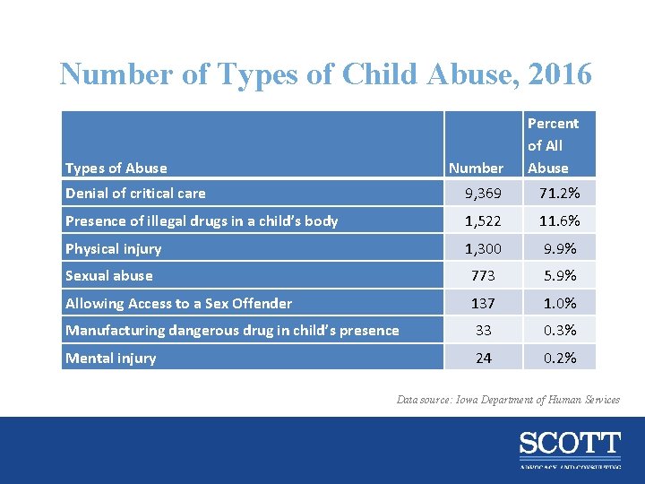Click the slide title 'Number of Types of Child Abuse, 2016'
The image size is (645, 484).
coord(325,73)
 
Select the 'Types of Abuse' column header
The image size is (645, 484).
coord(116,168)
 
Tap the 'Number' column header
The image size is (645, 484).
coord(476,168)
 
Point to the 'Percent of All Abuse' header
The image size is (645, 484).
coord(553,145)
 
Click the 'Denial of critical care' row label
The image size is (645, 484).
coord(135,193)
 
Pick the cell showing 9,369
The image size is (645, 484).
coord(483,193)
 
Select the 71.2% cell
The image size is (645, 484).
coord(559,193)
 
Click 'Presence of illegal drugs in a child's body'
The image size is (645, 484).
coord(202,220)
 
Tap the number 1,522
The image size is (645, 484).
coord(483,220)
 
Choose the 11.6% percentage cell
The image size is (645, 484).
coord(559,220)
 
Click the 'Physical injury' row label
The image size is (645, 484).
coord(113,248)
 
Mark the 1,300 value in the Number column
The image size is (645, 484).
coord(483,248)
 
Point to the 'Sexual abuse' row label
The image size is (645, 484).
coord(109,275)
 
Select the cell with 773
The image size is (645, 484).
coord(483,275)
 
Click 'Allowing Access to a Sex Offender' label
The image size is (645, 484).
coord(178,303)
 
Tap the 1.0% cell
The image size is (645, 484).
coord(559,303)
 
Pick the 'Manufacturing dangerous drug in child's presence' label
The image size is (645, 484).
coord(232,330)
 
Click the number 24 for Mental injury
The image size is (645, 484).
coord(483,358)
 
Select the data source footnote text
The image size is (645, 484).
coord(508,400)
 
